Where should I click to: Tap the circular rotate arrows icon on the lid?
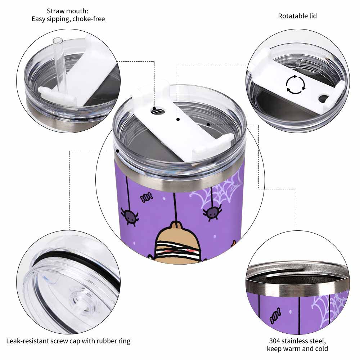(x=296, y=85)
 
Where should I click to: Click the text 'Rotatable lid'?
(x=297, y=16)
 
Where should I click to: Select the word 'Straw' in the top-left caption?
(x=55, y=11)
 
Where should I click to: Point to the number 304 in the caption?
(x=275, y=341)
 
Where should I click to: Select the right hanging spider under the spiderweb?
(x=212, y=212)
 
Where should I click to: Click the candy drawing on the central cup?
(x=146, y=197)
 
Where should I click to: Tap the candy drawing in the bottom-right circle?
(x=275, y=316)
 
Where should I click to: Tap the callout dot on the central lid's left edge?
(x=118, y=151)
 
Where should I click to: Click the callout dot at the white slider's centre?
(x=178, y=119)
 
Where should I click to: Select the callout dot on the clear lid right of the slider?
(x=208, y=125)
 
